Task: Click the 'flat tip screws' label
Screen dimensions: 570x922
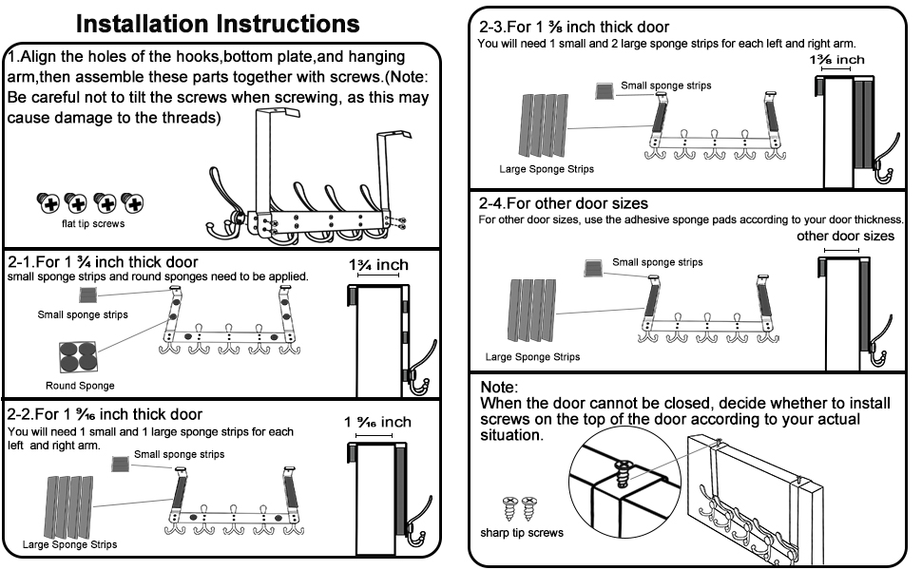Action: (86, 225)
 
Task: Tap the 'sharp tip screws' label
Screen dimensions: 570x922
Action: (522, 532)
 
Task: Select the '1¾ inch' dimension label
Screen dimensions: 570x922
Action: (378, 265)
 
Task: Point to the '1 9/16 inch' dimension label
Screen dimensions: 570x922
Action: (377, 422)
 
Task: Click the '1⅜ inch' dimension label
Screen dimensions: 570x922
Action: (837, 61)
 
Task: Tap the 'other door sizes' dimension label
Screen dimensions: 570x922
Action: (845, 236)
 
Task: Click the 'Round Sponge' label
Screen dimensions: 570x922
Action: (80, 386)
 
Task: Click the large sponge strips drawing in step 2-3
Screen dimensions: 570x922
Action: (546, 123)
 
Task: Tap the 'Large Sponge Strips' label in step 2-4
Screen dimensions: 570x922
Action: (532, 357)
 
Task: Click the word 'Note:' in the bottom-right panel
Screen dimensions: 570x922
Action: (499, 388)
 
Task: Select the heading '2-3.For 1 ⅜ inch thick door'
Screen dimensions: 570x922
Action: (574, 28)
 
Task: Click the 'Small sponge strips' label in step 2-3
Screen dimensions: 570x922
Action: (665, 85)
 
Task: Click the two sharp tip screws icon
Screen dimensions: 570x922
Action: (511, 506)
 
